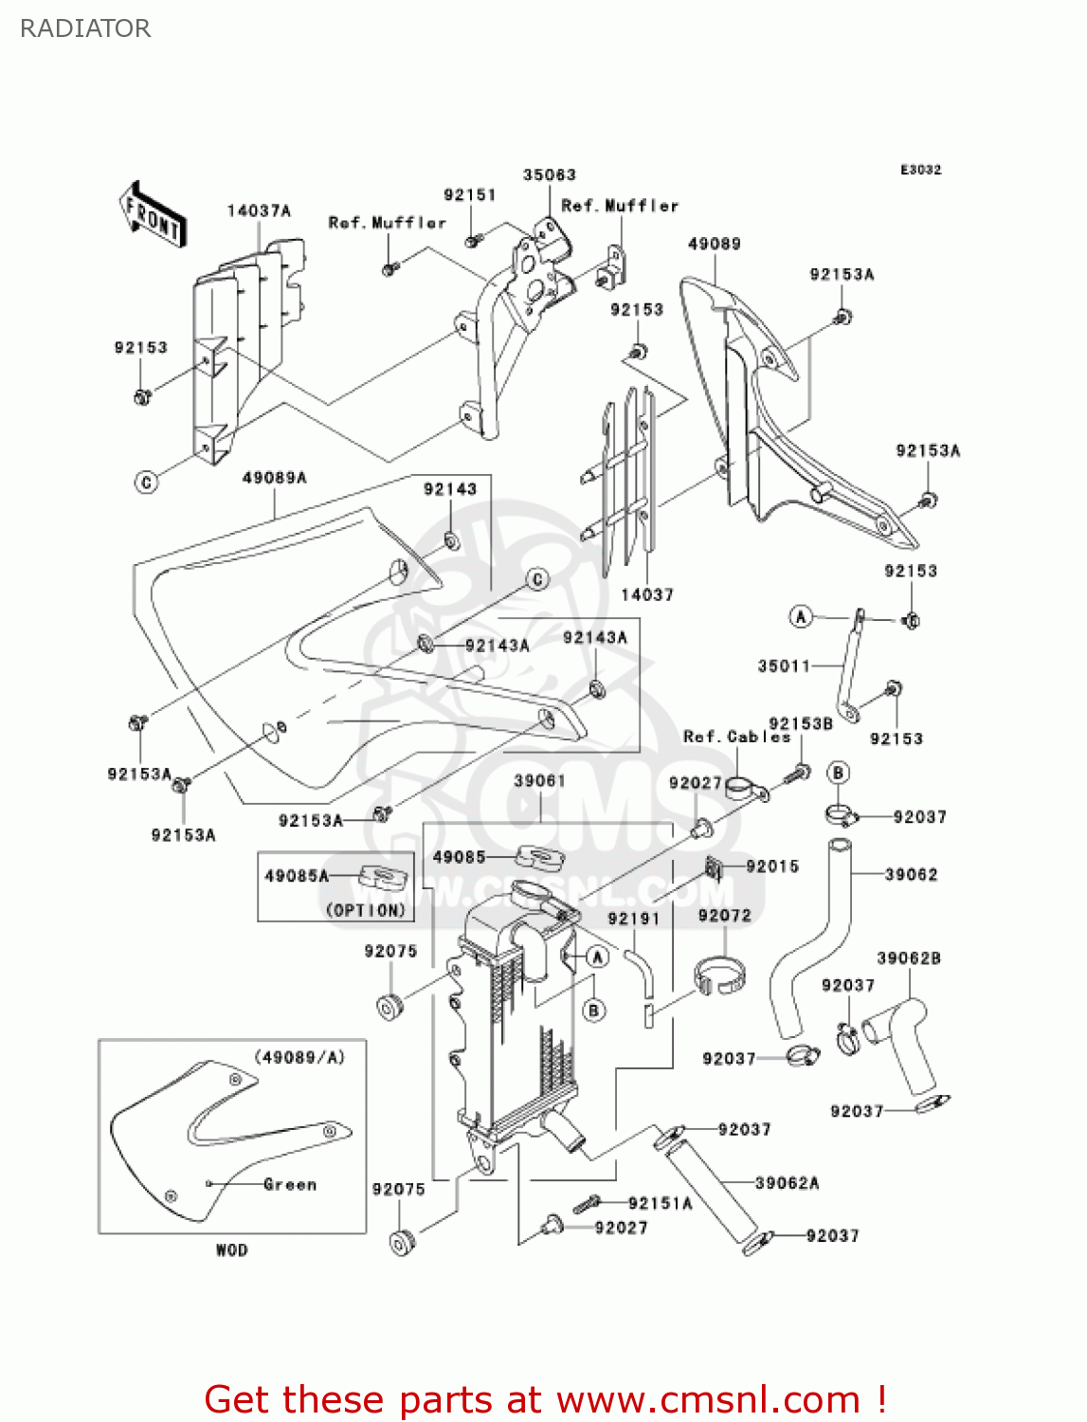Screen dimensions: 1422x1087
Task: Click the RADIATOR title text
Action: point(85,28)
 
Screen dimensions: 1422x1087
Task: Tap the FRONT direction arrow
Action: point(153,215)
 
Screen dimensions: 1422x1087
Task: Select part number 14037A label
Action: point(259,210)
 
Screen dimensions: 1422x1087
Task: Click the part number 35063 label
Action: point(550,174)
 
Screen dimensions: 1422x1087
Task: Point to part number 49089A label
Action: point(275,478)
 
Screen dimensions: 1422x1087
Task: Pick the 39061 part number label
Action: point(540,780)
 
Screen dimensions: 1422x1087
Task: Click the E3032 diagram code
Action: point(920,170)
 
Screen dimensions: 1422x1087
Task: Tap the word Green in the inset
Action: point(290,1184)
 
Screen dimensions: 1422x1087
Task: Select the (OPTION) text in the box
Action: point(366,910)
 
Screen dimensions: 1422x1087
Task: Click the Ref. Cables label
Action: point(736,737)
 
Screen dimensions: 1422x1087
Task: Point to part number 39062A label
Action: point(788,1182)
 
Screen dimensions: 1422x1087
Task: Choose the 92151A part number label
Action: point(661,1203)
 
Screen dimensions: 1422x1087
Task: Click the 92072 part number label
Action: point(724,915)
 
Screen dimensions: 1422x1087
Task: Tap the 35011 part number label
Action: point(785,665)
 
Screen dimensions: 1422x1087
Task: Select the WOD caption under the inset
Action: point(231,1250)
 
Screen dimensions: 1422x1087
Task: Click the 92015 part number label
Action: point(772,866)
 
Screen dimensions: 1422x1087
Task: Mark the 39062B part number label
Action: point(909,957)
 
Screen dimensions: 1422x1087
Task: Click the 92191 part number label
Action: point(633,919)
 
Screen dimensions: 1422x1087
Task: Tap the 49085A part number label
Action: point(297,876)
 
